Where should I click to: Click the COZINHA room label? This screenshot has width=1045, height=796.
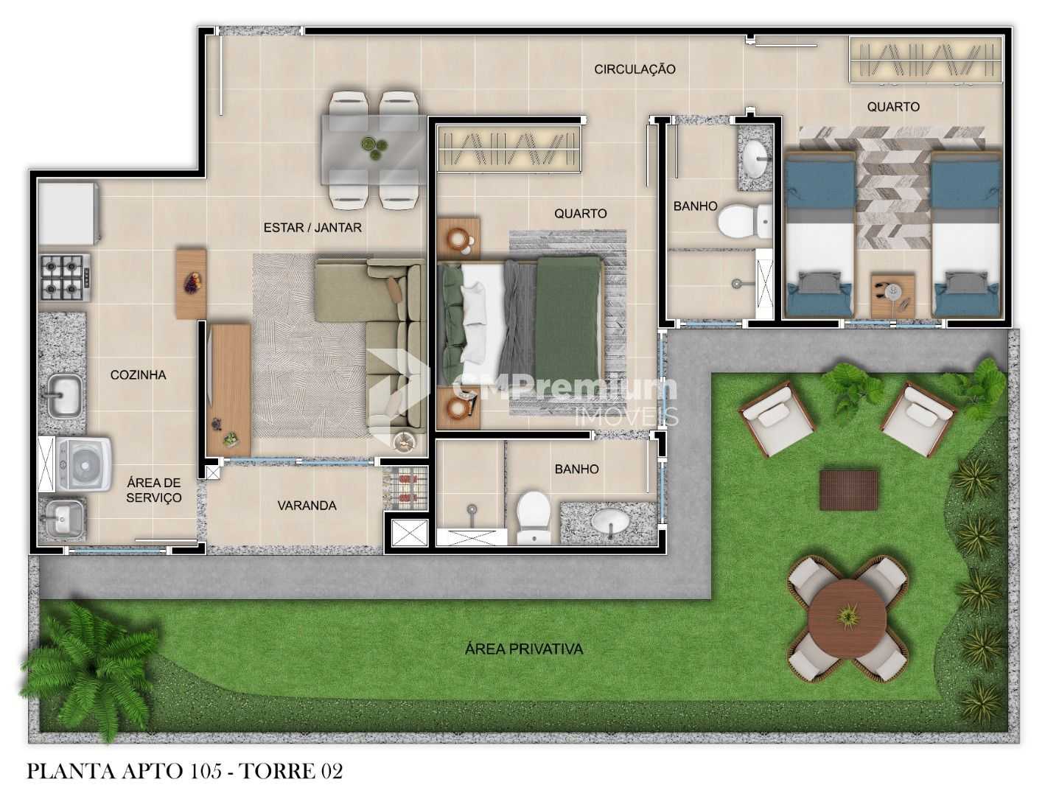tap(138, 375)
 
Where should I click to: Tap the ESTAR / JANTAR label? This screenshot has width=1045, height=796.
tap(312, 227)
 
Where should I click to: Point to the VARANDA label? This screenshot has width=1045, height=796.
tap(307, 506)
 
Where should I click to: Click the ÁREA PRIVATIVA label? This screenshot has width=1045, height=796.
tap(524, 649)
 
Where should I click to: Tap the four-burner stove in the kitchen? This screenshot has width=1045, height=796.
tap(64, 277)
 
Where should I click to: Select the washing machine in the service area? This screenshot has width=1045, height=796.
tap(83, 464)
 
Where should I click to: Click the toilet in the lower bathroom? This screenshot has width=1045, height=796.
tap(533, 517)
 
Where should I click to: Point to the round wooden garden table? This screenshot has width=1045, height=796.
tap(847, 617)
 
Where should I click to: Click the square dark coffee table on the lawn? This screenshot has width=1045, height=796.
tap(848, 490)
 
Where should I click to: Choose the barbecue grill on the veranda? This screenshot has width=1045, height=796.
tap(405, 487)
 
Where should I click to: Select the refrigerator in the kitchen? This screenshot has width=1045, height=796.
tap(69, 213)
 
